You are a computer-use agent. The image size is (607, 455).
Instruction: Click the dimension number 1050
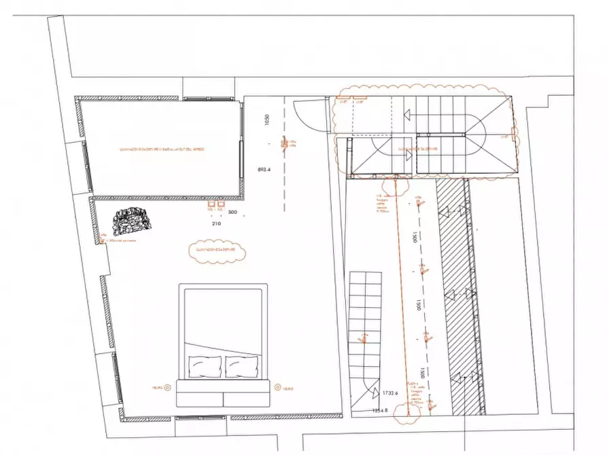pos(268,120)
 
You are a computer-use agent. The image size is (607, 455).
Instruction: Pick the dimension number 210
pos(217,223)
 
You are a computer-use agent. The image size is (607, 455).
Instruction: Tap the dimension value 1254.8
pos(380,410)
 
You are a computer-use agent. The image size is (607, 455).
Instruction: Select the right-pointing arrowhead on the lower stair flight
pos(410,156)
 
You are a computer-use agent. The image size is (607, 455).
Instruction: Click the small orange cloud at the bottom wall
pos(408,409)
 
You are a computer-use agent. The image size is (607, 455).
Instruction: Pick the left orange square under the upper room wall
pos(211,203)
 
